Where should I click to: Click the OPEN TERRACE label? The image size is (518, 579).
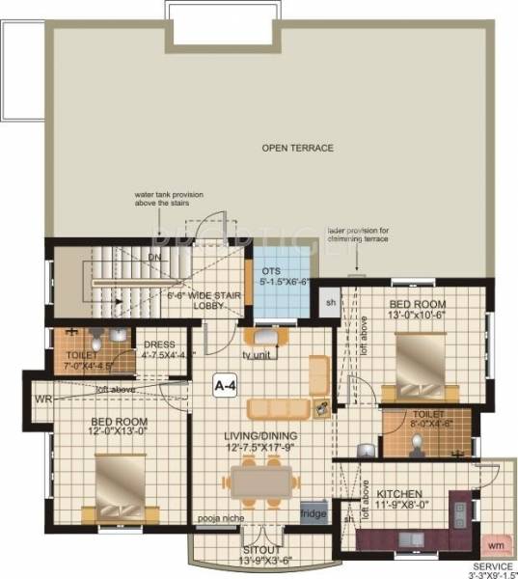pyautogui.click(x=297, y=148)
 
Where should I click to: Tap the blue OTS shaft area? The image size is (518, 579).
pyautogui.click(x=286, y=281)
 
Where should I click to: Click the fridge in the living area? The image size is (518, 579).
pyautogui.click(x=314, y=513)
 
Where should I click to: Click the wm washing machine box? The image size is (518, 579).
pyautogui.click(x=498, y=544)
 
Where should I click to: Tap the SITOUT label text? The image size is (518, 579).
pyautogui.click(x=260, y=548)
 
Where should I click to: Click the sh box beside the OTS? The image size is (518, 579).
pyautogui.click(x=330, y=302)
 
